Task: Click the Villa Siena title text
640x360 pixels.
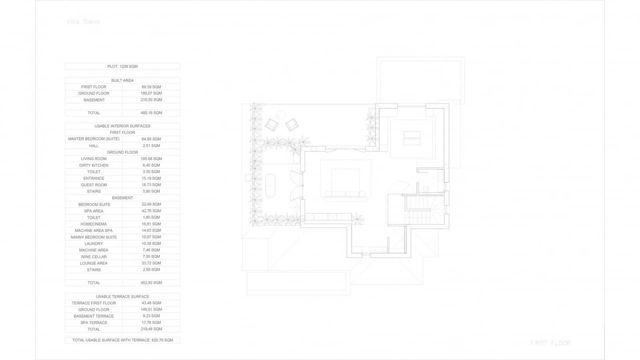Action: [83, 22]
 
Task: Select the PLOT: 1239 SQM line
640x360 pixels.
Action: [122, 66]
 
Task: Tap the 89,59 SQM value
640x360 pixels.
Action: [151, 87]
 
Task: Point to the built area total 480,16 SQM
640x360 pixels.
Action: [151, 113]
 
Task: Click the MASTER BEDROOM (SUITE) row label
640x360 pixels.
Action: [94, 139]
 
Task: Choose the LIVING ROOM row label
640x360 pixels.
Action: [94, 159]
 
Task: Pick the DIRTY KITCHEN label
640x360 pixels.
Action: [94, 165]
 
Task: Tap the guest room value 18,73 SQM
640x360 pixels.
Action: [151, 185]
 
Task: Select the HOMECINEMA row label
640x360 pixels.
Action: [94, 224]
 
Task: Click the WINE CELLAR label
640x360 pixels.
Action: [94, 257]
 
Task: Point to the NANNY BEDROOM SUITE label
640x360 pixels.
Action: [94, 237]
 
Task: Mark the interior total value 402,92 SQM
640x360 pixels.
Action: [151, 283]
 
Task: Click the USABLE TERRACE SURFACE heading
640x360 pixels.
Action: [122, 296]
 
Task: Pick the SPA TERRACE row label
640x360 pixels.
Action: [94, 323]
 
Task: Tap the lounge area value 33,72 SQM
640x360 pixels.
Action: [151, 263]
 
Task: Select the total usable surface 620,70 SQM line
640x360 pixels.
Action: [122, 340]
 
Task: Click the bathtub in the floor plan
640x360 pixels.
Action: [270, 186]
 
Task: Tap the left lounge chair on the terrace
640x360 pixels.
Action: [272, 124]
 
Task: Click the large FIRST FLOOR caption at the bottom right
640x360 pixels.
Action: [550, 343]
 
